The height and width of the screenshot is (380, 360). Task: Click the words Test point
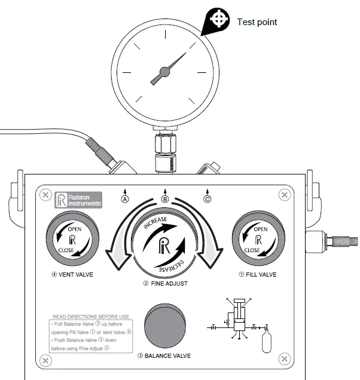(x=257, y=22)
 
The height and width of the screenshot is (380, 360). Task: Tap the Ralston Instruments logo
(x=78, y=200)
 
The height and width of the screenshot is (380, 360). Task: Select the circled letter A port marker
(x=125, y=198)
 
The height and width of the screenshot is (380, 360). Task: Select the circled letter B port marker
(x=166, y=198)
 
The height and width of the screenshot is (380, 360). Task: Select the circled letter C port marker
(x=208, y=198)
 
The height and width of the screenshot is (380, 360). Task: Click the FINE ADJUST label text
(x=165, y=284)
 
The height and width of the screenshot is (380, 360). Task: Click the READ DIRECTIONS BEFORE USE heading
(x=90, y=316)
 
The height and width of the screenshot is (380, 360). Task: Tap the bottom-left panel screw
(x=45, y=359)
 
